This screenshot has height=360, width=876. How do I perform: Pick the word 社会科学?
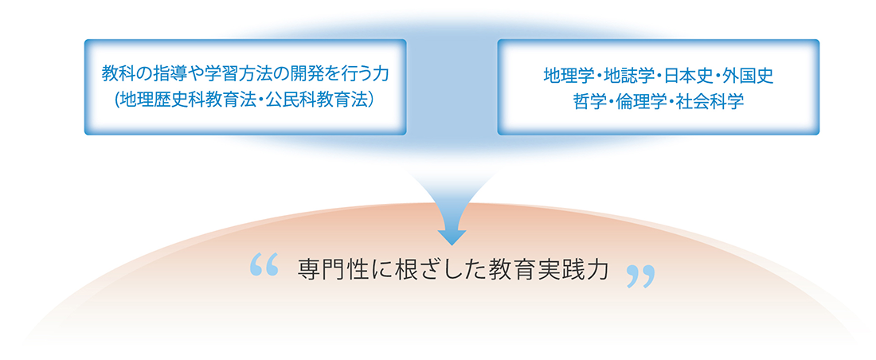[706, 102]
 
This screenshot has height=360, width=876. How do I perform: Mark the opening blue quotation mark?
[264, 265]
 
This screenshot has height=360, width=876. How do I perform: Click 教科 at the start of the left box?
[114, 73]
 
